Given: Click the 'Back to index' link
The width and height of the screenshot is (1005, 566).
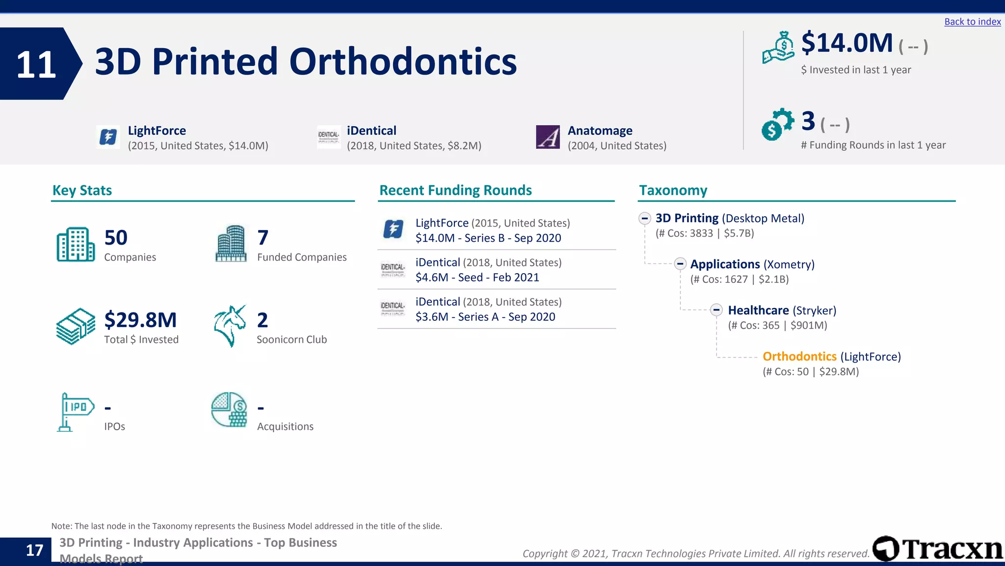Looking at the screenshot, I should (972, 22).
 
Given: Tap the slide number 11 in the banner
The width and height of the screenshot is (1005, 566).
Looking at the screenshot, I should (36, 64).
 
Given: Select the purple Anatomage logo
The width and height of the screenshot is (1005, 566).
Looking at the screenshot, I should (548, 137).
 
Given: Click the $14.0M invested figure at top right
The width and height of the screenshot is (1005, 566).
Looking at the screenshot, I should (846, 43).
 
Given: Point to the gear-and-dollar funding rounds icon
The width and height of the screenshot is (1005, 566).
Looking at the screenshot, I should (777, 124).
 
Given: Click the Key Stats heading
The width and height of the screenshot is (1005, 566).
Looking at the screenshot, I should (82, 190).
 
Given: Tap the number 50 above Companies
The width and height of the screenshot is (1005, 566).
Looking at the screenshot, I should (116, 238).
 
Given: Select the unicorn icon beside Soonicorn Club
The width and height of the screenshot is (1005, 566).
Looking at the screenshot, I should (230, 326).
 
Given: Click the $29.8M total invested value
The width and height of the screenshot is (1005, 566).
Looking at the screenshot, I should (140, 320).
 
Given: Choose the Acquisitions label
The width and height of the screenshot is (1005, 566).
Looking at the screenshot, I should (285, 426).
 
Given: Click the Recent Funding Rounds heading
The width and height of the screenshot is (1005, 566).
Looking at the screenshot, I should (455, 190).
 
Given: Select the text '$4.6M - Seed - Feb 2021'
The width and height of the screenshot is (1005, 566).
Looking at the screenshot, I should (477, 278).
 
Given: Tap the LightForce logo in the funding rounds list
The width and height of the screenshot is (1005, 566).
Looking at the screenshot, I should (393, 229).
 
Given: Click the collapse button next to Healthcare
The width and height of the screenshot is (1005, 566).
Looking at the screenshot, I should (716, 310).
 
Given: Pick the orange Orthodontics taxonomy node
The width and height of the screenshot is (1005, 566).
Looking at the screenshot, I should (799, 356).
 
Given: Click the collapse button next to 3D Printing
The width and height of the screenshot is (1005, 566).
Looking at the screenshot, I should (645, 218).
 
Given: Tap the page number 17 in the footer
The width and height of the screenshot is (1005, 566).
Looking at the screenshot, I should (34, 550).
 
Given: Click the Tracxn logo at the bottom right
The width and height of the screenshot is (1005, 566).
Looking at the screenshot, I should (937, 549).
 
